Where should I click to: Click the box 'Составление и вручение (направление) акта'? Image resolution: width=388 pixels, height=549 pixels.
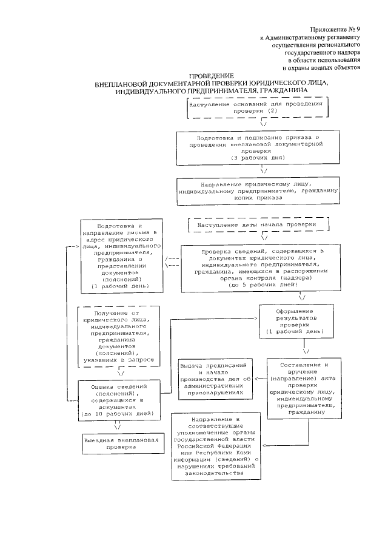305,388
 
